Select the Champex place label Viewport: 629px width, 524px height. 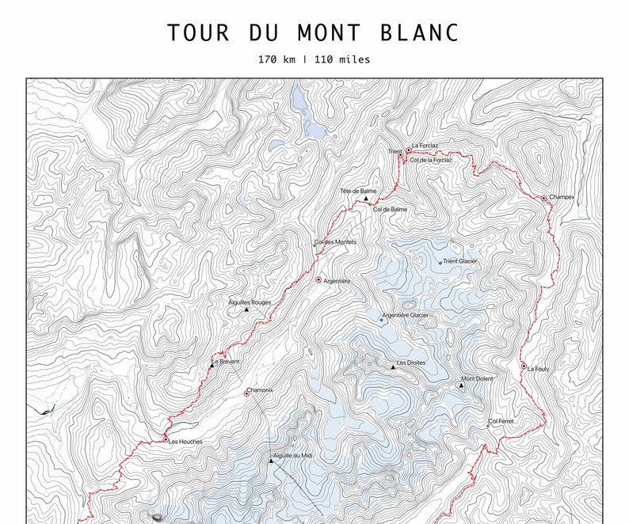(562, 197)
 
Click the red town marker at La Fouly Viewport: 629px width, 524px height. (524, 366)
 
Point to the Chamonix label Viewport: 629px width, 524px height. (261, 390)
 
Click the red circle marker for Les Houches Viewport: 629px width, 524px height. (166, 439)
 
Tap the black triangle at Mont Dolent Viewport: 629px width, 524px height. (461, 385)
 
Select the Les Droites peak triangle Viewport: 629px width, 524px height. (391, 367)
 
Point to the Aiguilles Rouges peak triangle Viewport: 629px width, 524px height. (246, 309)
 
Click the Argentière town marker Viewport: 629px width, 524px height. (318, 279)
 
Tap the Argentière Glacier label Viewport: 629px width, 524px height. (406, 315)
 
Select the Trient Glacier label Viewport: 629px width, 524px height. (460, 261)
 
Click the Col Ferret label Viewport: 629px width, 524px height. (501, 421)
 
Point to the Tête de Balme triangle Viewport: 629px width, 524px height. (366, 198)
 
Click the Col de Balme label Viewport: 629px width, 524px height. (390, 209)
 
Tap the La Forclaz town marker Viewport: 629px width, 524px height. (409, 150)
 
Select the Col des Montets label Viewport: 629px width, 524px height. (336, 241)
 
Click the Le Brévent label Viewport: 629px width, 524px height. (226, 362)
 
